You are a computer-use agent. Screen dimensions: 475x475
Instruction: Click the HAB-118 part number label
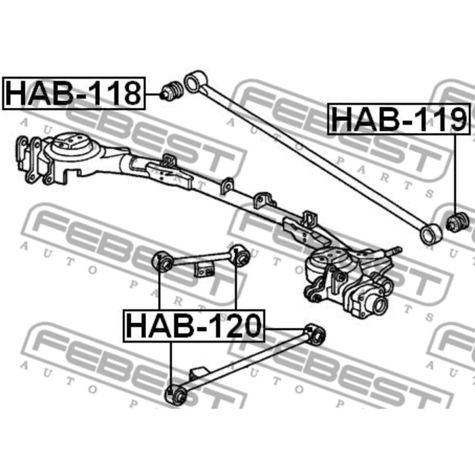pyautogui.click(x=73, y=94)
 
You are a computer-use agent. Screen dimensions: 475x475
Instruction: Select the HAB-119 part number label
pyautogui.click(x=399, y=119)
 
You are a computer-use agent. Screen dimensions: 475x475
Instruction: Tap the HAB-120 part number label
pyautogui.click(x=194, y=326)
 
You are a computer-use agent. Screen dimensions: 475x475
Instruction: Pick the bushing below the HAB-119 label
pyautogui.click(x=458, y=222)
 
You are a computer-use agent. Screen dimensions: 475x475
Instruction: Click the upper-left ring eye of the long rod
pyautogui.click(x=195, y=82)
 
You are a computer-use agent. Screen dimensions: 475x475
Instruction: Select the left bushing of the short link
pyautogui.click(x=163, y=263)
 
